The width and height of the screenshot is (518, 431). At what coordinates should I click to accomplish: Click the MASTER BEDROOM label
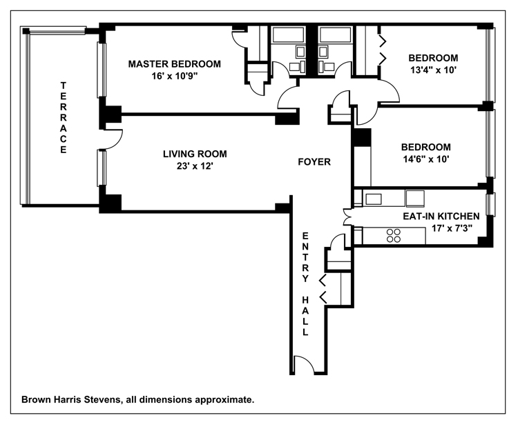tap(175, 64)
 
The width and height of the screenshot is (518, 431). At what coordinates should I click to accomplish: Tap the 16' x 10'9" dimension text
tap(175, 76)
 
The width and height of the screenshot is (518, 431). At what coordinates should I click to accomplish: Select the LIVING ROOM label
tap(195, 154)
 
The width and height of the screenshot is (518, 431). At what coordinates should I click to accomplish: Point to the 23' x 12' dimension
tap(195, 166)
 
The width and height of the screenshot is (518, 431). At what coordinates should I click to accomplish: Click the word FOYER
tap(314, 162)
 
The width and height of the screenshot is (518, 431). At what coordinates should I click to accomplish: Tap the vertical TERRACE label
tap(63, 117)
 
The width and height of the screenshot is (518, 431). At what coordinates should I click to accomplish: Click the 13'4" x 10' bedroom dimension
tap(433, 70)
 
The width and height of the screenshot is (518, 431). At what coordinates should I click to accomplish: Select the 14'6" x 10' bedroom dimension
tap(426, 159)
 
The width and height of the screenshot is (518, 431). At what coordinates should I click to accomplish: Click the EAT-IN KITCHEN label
tap(441, 217)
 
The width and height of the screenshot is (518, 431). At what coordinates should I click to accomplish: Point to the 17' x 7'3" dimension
tap(452, 228)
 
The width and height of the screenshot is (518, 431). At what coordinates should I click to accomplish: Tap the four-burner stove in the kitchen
tap(394, 235)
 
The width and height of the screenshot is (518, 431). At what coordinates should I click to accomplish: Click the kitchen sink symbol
tap(374, 199)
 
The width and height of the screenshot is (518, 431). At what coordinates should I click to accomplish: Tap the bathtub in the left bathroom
tap(287, 35)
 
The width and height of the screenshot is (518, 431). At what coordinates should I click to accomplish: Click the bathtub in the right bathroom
tap(335, 35)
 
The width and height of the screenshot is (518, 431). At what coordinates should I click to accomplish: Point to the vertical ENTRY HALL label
tap(305, 283)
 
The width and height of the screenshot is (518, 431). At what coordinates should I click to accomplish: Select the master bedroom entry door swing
tap(287, 96)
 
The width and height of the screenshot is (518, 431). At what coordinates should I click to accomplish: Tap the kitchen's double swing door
tap(347, 217)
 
